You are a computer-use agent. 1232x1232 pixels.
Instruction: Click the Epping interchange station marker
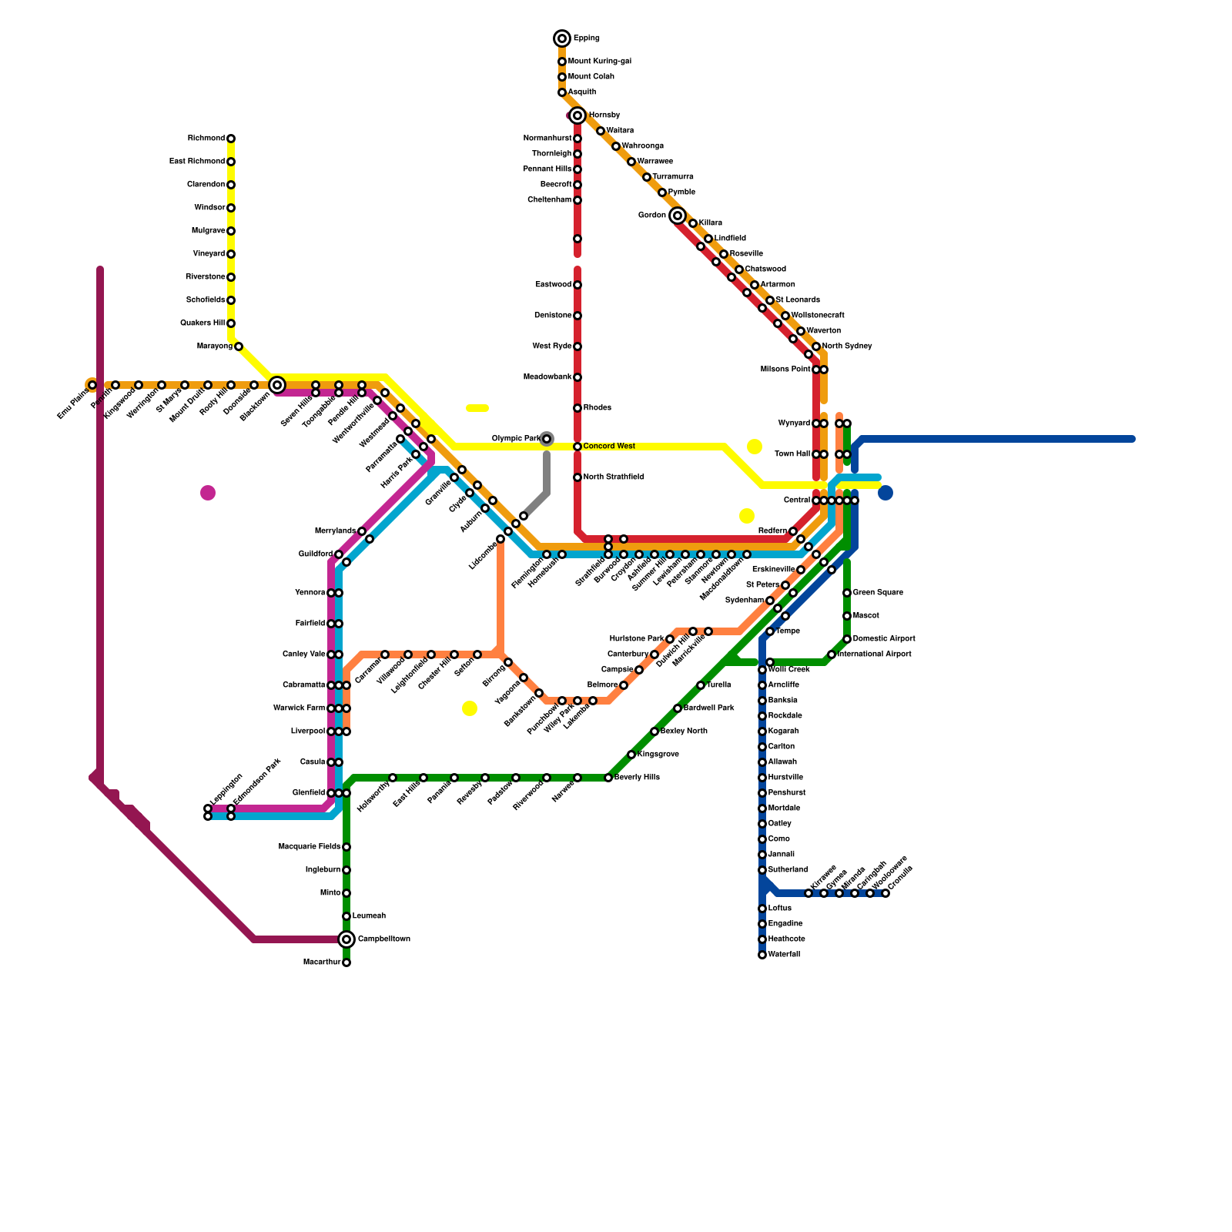[x=562, y=38]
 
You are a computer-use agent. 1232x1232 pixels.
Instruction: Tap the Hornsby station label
[x=604, y=115]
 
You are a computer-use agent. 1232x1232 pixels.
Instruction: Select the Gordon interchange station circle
[x=678, y=216]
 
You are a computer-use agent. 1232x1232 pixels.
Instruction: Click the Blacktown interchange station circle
[x=277, y=385]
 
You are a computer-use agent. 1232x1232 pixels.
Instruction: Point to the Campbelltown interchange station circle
[x=346, y=939]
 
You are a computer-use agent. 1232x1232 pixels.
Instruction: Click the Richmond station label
[x=206, y=139]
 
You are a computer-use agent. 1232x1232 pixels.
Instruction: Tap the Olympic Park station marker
[x=547, y=439]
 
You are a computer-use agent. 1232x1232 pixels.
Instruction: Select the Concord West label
[x=609, y=447]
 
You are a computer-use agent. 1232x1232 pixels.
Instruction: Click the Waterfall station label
[x=784, y=955]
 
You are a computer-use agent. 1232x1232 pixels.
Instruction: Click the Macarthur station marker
[x=346, y=962]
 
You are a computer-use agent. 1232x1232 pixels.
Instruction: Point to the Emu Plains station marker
[x=92, y=385]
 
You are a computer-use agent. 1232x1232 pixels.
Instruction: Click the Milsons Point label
[x=785, y=370]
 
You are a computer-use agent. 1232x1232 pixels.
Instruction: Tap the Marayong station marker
[x=239, y=346]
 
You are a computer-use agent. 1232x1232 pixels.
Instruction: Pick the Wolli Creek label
[x=788, y=670]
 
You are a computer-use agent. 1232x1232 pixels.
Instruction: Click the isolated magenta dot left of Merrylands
[x=208, y=493]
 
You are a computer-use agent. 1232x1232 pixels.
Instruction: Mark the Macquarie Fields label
[x=310, y=847]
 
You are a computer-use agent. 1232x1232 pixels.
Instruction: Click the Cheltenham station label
[x=549, y=200]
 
